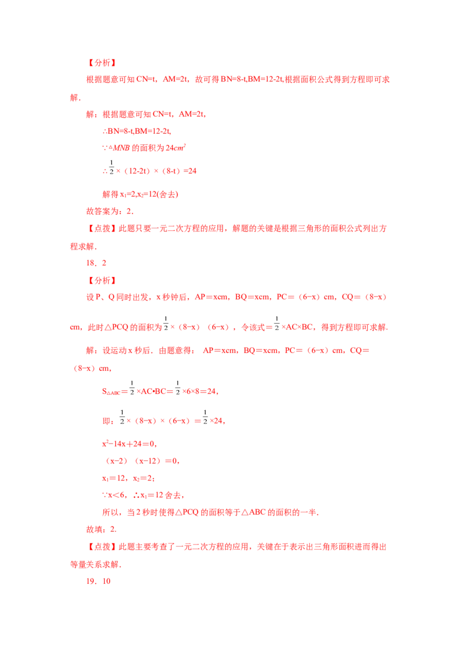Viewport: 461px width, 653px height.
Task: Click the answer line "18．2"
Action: click(x=96, y=263)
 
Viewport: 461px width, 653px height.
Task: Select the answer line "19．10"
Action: click(x=98, y=581)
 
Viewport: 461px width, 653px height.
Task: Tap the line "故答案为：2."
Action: click(x=110, y=211)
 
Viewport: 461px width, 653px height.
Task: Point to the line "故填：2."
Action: click(x=101, y=530)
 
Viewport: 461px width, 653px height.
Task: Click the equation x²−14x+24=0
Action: click(x=130, y=444)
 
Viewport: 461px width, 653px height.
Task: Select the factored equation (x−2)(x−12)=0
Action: click(x=141, y=461)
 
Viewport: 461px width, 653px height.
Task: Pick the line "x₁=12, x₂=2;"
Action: click(x=129, y=479)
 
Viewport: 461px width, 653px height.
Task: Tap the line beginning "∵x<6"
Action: click(x=143, y=495)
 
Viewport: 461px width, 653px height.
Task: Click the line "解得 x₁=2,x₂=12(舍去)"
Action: click(x=140, y=194)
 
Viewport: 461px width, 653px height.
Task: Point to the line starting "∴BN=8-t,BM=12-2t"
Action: click(x=137, y=131)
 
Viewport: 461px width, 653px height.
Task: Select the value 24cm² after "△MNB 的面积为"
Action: click(x=176, y=148)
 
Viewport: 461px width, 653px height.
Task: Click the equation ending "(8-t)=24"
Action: click(x=149, y=168)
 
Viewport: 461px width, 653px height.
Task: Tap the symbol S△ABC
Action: click(x=111, y=392)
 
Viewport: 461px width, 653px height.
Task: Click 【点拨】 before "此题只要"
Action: click(x=101, y=228)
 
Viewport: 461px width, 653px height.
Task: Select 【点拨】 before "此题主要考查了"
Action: click(x=101, y=547)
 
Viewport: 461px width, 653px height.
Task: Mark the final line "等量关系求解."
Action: click(x=96, y=565)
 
